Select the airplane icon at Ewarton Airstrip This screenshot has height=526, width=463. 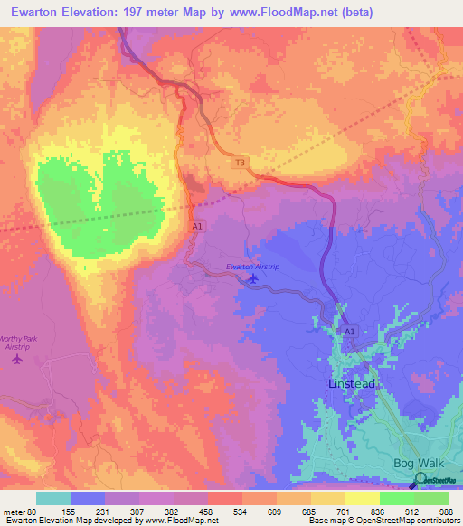click(x=253, y=278)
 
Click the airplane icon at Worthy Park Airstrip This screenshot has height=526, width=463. click(x=16, y=359)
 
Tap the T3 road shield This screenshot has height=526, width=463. click(x=240, y=163)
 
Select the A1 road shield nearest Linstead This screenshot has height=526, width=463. click(x=350, y=333)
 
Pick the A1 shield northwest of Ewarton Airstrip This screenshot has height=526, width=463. click(x=196, y=228)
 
